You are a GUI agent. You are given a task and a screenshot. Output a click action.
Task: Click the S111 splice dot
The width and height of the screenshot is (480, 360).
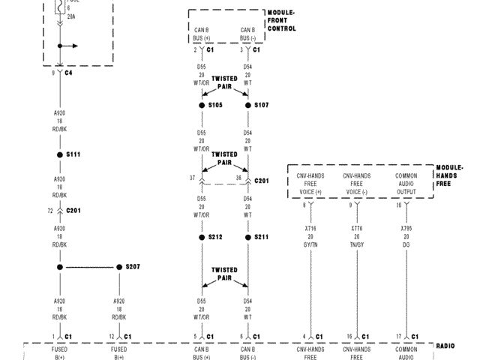click(x=60, y=154)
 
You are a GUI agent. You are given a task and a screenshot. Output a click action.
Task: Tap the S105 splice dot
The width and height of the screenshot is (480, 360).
click(x=202, y=106)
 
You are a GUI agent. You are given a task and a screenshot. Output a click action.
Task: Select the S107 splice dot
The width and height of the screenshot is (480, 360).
click(x=248, y=106)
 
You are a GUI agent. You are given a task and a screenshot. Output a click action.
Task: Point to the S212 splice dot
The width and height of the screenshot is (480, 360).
click(x=202, y=237)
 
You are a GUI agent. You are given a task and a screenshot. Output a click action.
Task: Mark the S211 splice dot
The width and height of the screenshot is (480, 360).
click(x=248, y=237)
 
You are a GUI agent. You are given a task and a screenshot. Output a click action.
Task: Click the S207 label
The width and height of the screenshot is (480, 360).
click(x=132, y=267)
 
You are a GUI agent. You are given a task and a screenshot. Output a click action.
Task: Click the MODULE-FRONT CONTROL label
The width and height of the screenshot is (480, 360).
click(x=282, y=21)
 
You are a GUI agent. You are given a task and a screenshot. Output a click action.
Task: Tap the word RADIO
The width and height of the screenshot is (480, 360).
click(x=445, y=346)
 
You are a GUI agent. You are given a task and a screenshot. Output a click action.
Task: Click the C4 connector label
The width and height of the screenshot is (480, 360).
click(x=68, y=73)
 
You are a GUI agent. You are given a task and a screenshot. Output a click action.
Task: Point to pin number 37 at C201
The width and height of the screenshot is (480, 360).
click(x=193, y=178)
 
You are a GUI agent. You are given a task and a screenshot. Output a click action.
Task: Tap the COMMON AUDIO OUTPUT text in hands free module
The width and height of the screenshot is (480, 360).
click(x=406, y=184)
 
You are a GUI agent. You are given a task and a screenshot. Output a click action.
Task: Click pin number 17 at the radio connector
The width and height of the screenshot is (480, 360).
click(x=398, y=336)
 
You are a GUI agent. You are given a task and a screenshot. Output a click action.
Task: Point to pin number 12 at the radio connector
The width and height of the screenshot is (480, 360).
click(x=111, y=336)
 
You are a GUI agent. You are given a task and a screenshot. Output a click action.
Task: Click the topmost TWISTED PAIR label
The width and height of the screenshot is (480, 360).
click(x=224, y=82)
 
